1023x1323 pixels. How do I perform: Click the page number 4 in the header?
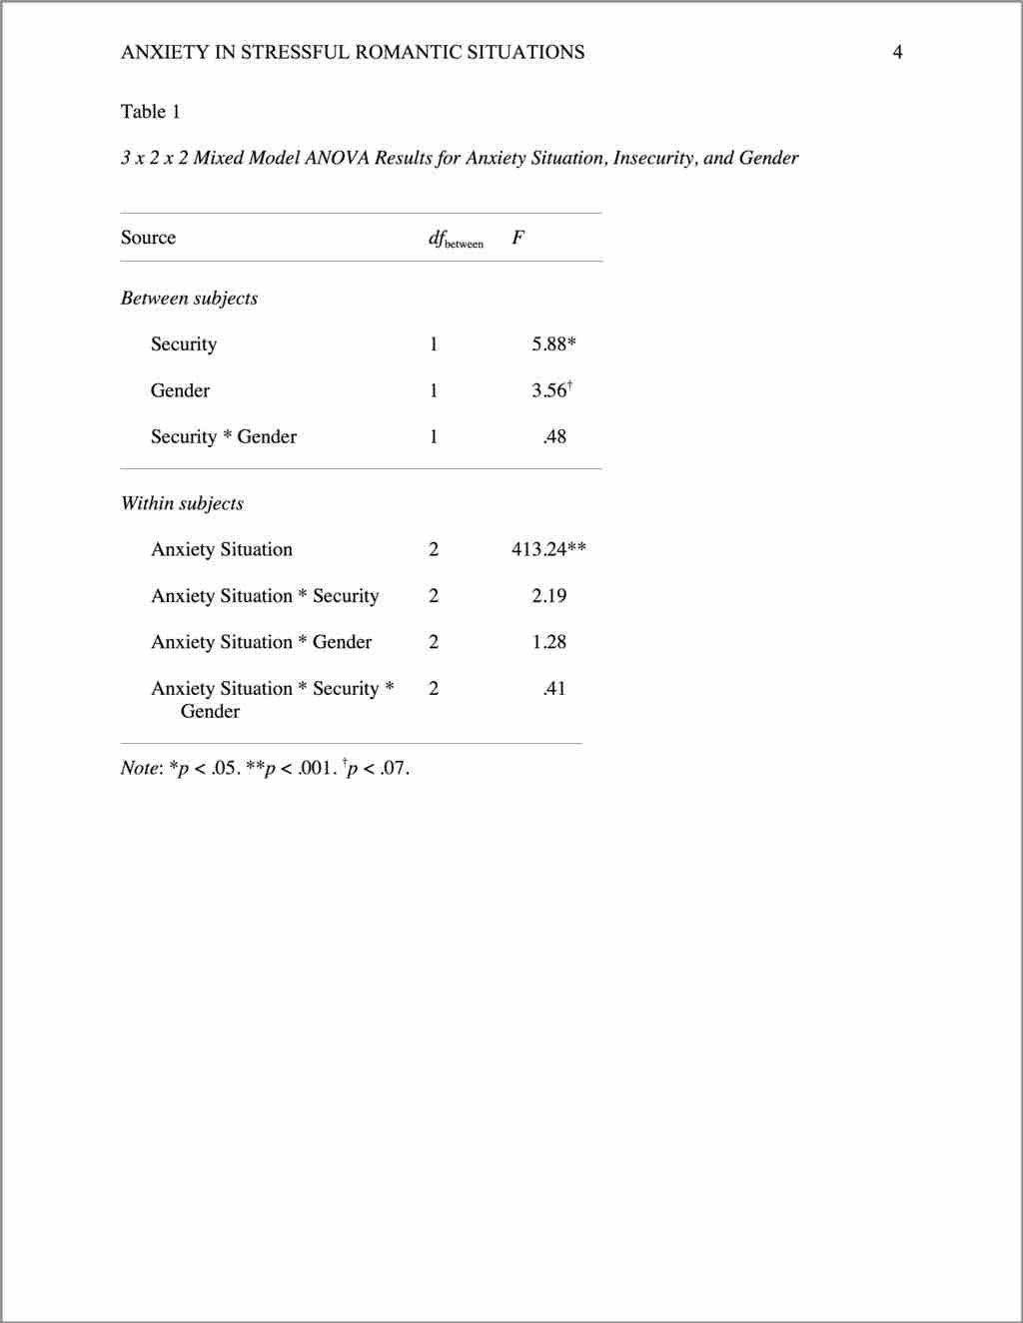pos(897,52)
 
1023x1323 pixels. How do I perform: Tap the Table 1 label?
pos(150,111)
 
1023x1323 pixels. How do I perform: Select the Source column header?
pos(148,238)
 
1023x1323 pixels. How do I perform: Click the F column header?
pos(517,238)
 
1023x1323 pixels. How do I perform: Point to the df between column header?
pos(455,239)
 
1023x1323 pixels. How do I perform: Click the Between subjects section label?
pos(189,298)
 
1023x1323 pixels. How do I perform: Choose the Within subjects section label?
pos(182,503)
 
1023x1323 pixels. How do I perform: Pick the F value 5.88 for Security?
pos(552,344)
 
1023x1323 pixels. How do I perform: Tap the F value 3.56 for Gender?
pos(550,390)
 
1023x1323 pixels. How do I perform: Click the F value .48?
pos(554,436)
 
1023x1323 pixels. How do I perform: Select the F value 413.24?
pos(547,549)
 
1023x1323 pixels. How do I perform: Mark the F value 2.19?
pos(548,596)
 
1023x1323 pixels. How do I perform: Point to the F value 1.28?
pos(548,642)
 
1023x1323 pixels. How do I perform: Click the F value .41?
pos(554,688)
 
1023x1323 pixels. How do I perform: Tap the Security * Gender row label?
pos(223,436)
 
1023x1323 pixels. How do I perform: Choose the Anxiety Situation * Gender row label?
pos(261,642)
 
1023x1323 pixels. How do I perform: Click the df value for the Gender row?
pos(434,390)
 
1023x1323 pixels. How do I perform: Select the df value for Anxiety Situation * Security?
pos(434,596)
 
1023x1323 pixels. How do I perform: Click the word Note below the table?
pos(139,768)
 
